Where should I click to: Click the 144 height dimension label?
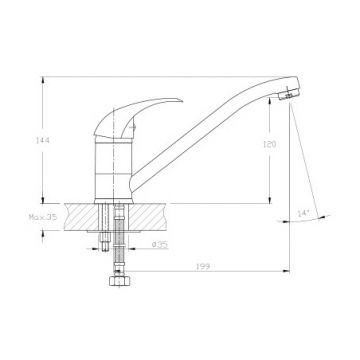(42, 140)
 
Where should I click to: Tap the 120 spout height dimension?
(269, 144)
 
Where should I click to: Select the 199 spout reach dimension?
(203, 266)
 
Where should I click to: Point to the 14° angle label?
(304, 214)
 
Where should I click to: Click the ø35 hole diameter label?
(160, 245)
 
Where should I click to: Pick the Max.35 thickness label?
(43, 217)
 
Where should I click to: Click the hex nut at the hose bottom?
(120, 281)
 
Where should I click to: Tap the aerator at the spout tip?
(289, 95)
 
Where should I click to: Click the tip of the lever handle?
(183, 100)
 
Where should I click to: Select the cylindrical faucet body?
(113, 170)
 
